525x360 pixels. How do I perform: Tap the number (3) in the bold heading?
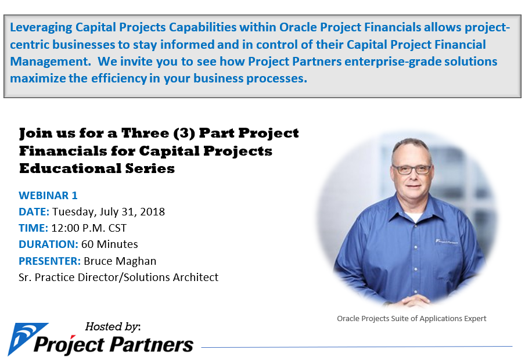click(184, 134)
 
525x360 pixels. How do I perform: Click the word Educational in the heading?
click(70, 168)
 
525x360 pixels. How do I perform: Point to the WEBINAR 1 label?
click(48, 195)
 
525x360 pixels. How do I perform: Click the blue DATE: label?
click(34, 212)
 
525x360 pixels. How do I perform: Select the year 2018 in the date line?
click(152, 212)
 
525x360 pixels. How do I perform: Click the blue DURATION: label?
click(48, 244)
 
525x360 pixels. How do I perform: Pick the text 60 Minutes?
click(110, 244)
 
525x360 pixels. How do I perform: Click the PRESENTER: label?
click(49, 261)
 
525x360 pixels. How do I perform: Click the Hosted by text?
click(113, 326)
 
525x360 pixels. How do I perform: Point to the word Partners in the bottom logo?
click(152, 344)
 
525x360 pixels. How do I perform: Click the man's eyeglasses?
click(412, 170)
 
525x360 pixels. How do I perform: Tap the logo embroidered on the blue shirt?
click(447, 241)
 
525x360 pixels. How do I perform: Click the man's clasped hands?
click(415, 300)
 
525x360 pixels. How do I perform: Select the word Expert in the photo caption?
click(475, 318)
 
